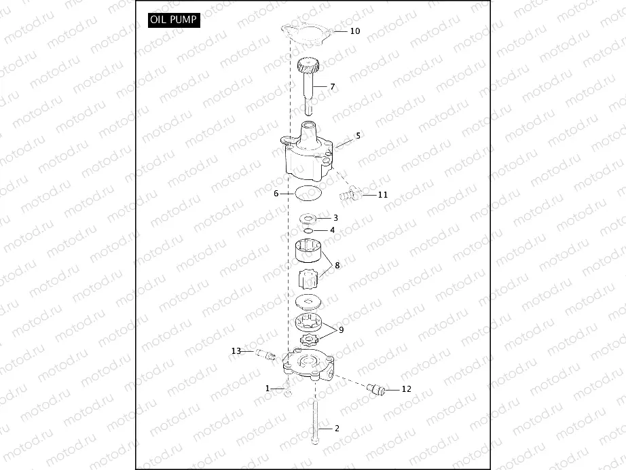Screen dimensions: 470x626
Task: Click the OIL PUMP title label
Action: click(x=173, y=20)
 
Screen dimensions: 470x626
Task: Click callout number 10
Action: click(x=355, y=31)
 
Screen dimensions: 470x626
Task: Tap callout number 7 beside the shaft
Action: click(x=333, y=86)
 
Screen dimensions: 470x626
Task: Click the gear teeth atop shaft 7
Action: click(x=309, y=68)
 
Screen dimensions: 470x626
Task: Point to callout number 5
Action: click(x=358, y=135)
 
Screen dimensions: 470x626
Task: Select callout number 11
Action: click(x=382, y=194)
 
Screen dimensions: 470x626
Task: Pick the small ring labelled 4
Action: click(x=308, y=231)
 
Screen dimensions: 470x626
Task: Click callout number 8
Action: click(x=337, y=264)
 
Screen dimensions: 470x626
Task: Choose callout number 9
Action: click(x=341, y=329)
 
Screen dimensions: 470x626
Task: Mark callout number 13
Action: click(x=236, y=351)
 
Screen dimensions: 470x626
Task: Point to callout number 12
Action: click(x=406, y=389)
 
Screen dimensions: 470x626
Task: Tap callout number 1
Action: click(x=268, y=388)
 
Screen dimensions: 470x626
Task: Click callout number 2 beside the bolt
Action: click(x=336, y=429)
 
